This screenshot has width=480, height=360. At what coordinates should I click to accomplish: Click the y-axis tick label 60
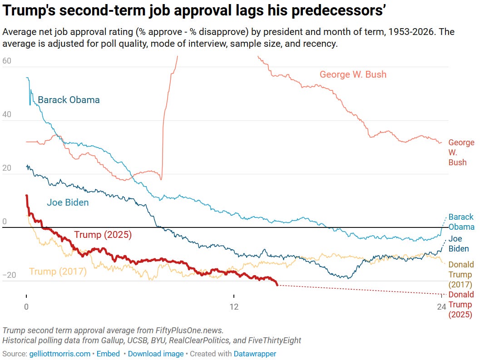tap(7, 61)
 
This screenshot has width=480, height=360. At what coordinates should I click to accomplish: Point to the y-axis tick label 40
tap(7, 115)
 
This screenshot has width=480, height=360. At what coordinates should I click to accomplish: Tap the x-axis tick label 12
tap(234, 307)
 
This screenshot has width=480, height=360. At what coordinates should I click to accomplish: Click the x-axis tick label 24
tap(441, 307)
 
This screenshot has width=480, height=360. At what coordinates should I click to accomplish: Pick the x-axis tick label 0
tap(26, 307)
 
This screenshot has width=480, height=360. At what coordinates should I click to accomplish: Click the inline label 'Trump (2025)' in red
tap(103, 235)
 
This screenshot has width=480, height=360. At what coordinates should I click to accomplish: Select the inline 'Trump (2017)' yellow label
tap(58, 271)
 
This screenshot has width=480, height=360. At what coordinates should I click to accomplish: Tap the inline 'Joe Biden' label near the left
tap(68, 202)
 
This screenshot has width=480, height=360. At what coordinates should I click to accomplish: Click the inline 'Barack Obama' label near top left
tap(69, 100)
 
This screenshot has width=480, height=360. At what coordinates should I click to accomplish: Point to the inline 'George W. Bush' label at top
tap(353, 74)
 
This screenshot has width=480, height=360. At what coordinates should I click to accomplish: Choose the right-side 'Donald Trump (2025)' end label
tap(461, 305)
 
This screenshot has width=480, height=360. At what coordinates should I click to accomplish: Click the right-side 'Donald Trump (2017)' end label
tap(461, 274)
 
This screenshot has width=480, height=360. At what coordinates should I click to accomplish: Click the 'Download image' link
tap(156, 354)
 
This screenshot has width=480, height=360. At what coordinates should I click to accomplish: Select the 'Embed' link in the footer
tap(109, 354)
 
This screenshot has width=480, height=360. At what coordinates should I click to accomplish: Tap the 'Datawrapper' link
tap(255, 354)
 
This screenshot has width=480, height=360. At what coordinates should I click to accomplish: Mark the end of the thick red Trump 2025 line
tap(277, 285)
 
